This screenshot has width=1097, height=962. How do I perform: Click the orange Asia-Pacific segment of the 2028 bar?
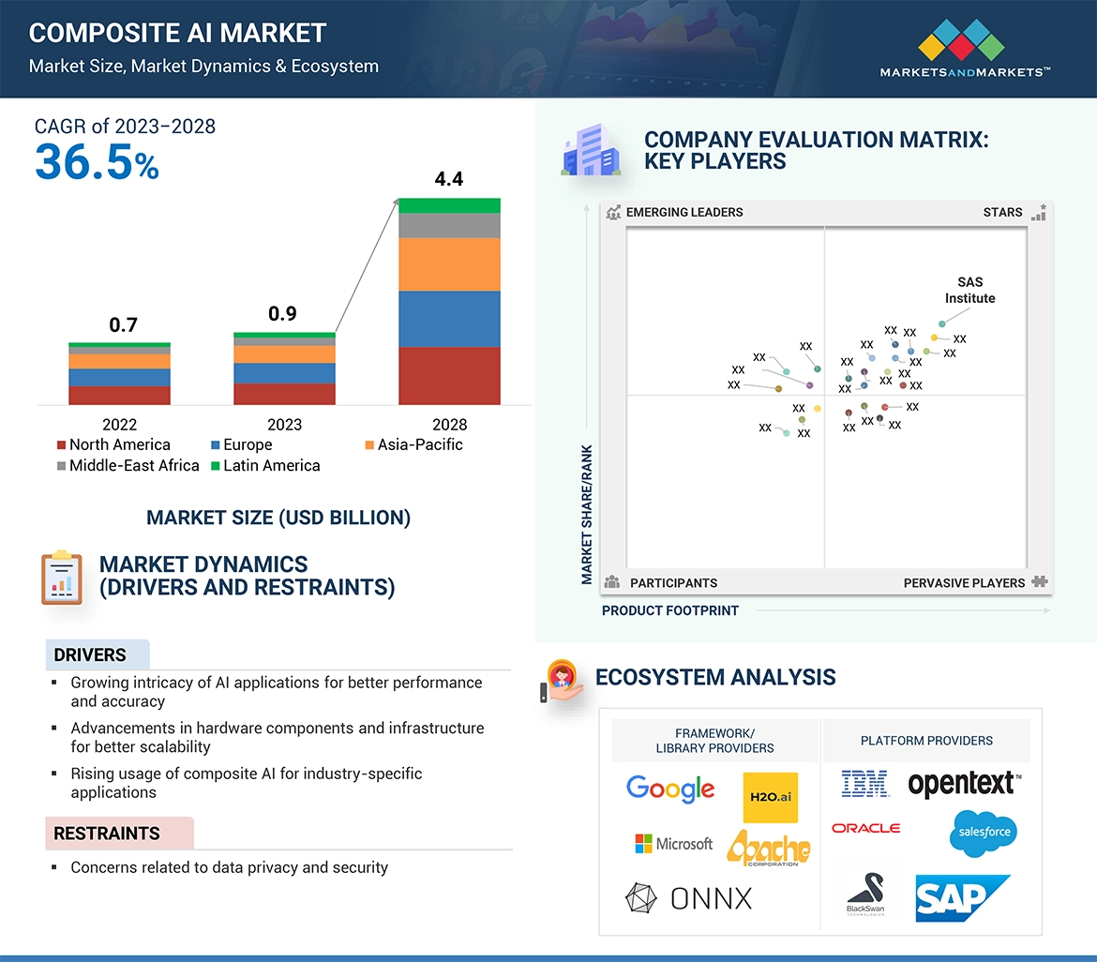449,263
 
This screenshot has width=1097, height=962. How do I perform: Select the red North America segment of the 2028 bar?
449,375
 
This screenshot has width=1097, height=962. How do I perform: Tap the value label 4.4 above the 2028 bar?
449,179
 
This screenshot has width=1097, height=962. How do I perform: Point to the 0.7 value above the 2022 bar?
123,325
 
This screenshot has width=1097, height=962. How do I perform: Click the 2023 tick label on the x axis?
284,425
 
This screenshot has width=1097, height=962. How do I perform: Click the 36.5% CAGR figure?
97,162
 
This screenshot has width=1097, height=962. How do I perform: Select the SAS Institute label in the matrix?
969,290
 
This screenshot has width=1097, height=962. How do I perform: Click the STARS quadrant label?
1002,212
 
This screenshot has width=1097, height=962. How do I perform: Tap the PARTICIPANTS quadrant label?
673,582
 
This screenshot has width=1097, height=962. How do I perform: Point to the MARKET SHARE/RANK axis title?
587,514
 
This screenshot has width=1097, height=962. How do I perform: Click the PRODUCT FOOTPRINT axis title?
669,610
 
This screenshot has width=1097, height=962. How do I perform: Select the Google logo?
670,789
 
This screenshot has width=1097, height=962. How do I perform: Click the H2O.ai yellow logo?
770,797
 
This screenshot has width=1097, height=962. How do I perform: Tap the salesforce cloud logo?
983,833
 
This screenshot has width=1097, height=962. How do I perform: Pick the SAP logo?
962,898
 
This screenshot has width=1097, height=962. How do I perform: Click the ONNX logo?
688,898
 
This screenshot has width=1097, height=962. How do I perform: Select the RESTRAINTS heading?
106,834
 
